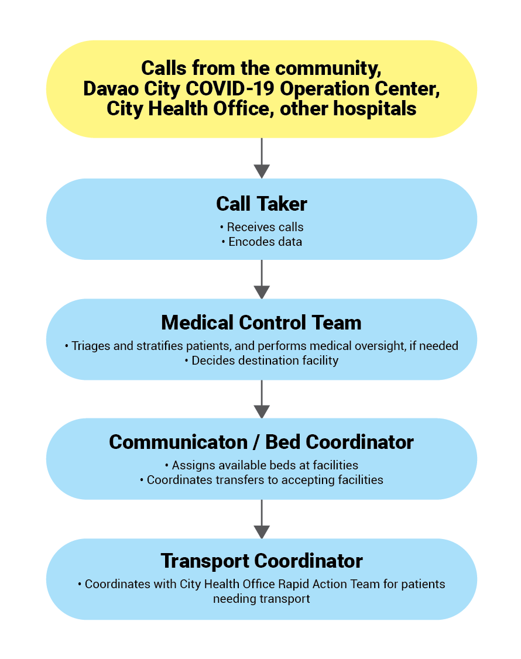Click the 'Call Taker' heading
(x=262, y=204)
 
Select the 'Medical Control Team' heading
(x=262, y=323)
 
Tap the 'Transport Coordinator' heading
(x=262, y=561)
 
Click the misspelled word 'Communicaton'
(x=179, y=442)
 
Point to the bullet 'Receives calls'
(x=262, y=227)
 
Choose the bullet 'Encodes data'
(x=262, y=242)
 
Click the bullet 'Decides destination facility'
(x=262, y=361)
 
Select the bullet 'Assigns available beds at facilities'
(x=262, y=465)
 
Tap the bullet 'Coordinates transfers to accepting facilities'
(x=262, y=480)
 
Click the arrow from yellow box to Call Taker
(x=262, y=158)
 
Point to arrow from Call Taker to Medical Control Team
(x=262, y=279)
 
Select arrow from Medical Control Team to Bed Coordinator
(x=262, y=399)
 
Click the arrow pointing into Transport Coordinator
(x=262, y=519)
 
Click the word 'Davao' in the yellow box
(x=111, y=89)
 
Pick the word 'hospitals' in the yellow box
(x=375, y=109)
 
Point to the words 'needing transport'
(x=262, y=599)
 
